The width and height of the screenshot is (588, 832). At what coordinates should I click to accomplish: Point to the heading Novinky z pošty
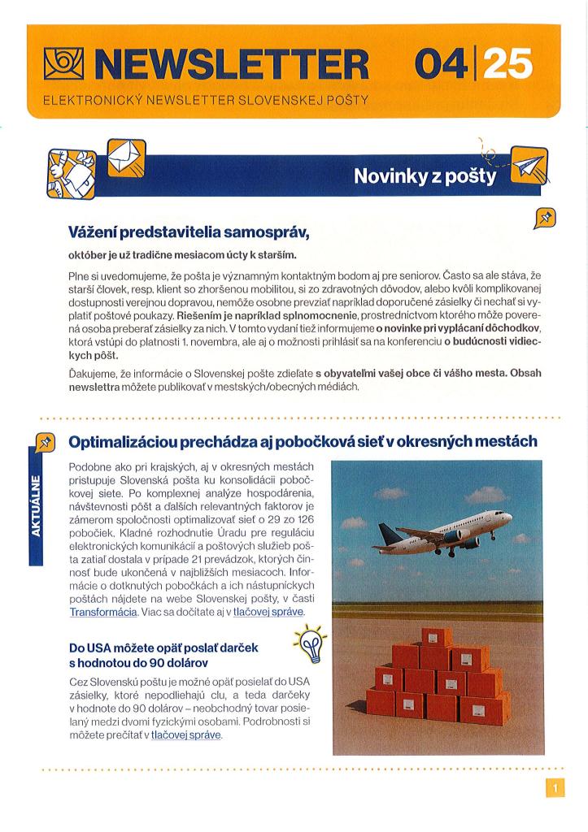424,175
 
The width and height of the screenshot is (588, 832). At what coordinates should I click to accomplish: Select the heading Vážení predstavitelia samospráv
189,233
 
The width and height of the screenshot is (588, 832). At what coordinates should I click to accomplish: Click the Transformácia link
102,611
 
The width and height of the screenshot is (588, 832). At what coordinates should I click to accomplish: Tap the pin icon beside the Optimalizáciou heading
45,442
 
